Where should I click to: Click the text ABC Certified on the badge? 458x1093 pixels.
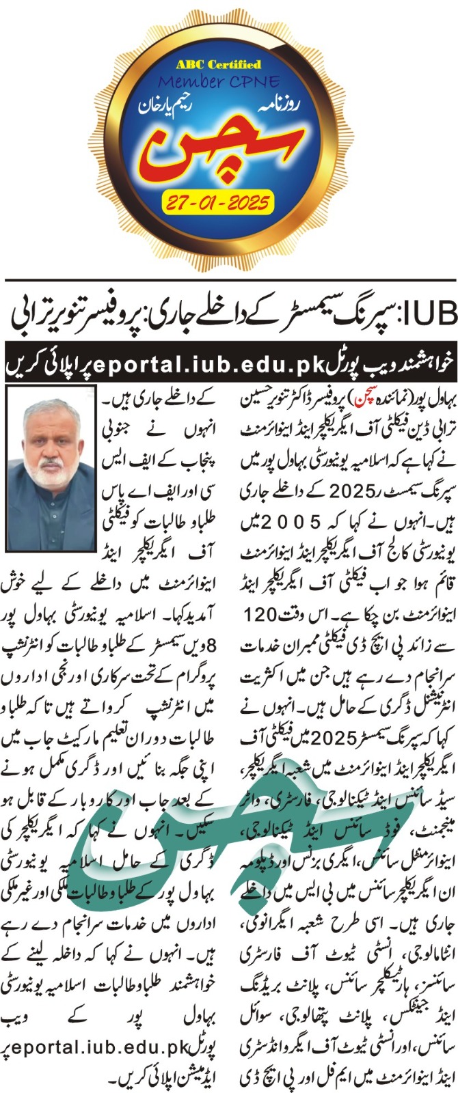(x=219, y=65)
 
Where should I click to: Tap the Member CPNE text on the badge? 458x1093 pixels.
(x=219, y=83)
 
